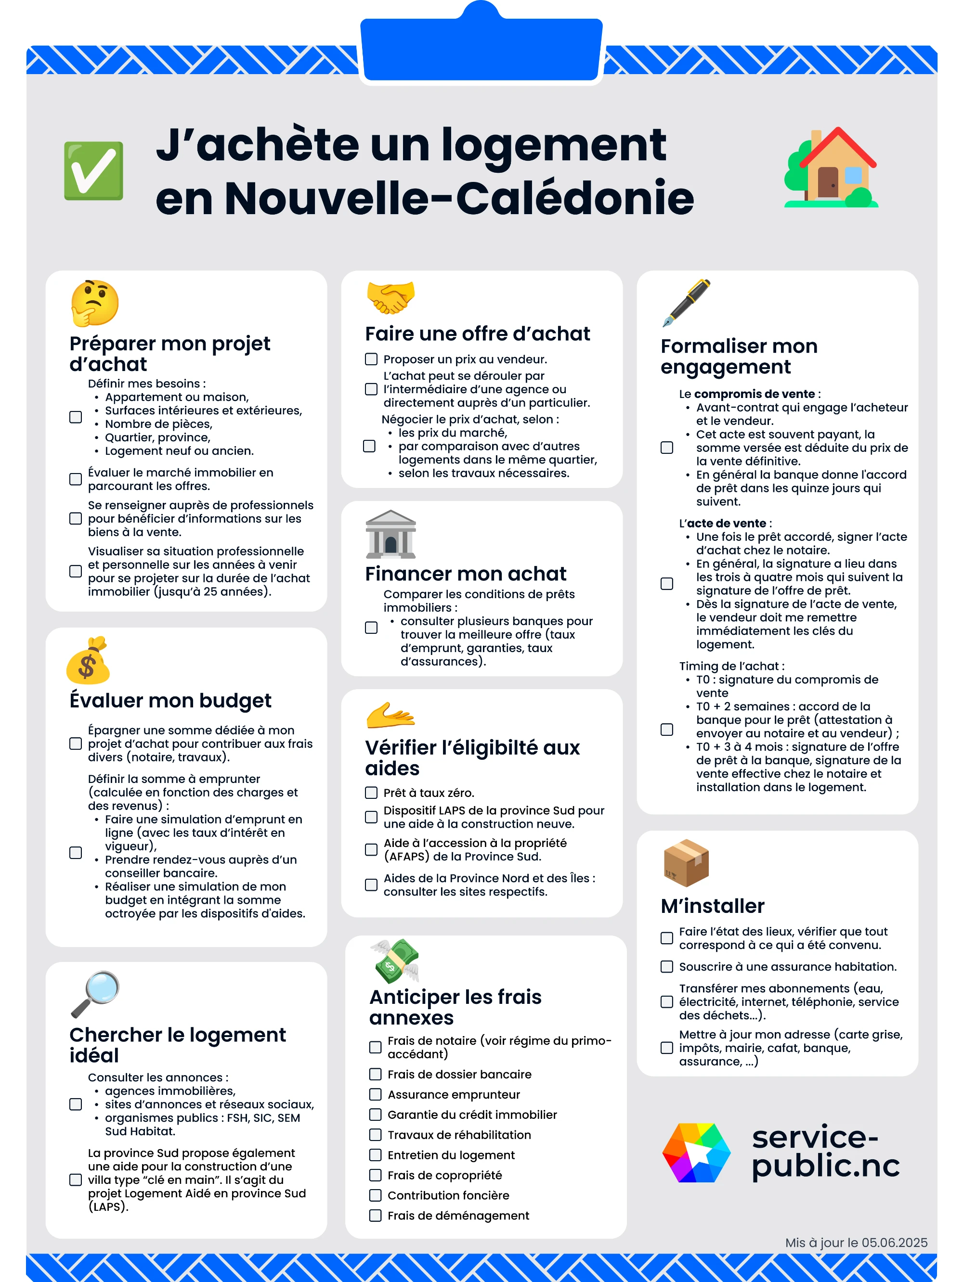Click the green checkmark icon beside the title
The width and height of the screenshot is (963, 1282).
click(x=93, y=170)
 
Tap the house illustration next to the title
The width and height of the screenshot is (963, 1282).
click(x=832, y=167)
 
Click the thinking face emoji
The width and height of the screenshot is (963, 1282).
click(x=94, y=303)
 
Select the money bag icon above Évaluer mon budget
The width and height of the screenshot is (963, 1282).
click(x=88, y=661)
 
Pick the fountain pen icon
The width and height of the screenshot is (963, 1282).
click(x=687, y=303)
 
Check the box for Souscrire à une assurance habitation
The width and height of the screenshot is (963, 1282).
click(x=667, y=967)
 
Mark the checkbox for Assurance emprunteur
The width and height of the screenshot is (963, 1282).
click(x=376, y=1094)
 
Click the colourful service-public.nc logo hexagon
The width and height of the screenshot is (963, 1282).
click(x=696, y=1152)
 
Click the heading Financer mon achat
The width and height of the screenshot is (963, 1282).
click(x=466, y=574)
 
